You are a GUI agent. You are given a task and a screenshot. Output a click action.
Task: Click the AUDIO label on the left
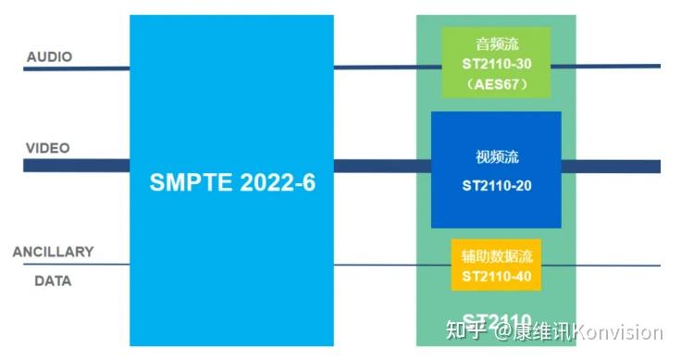tap(49, 56)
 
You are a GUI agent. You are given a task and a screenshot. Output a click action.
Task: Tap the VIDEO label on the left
tap(47, 148)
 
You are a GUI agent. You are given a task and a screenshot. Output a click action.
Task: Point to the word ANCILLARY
tap(53, 252)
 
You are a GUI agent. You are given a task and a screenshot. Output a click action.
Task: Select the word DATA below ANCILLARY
tap(53, 279)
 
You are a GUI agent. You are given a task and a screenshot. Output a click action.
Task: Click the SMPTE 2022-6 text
tap(232, 182)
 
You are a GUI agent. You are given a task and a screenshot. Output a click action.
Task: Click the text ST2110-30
tap(496, 63)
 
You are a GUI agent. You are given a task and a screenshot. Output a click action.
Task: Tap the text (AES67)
tap(496, 83)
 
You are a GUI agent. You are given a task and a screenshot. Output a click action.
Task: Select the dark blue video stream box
tap(496, 169)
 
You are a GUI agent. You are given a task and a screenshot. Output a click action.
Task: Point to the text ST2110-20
tap(497, 185)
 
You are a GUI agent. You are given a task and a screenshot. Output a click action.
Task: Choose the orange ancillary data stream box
tap(496, 265)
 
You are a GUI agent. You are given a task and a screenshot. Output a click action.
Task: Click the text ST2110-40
tap(496, 275)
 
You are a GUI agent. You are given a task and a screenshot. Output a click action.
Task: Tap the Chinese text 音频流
tap(496, 43)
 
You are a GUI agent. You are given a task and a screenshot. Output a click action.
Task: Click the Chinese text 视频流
tap(497, 156)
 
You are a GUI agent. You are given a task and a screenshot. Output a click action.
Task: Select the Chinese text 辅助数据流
tap(496, 254)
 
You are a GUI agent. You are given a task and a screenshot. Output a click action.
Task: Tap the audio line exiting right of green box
tap(606, 66)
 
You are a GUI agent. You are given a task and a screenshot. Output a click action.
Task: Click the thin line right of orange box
tap(601, 265)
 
